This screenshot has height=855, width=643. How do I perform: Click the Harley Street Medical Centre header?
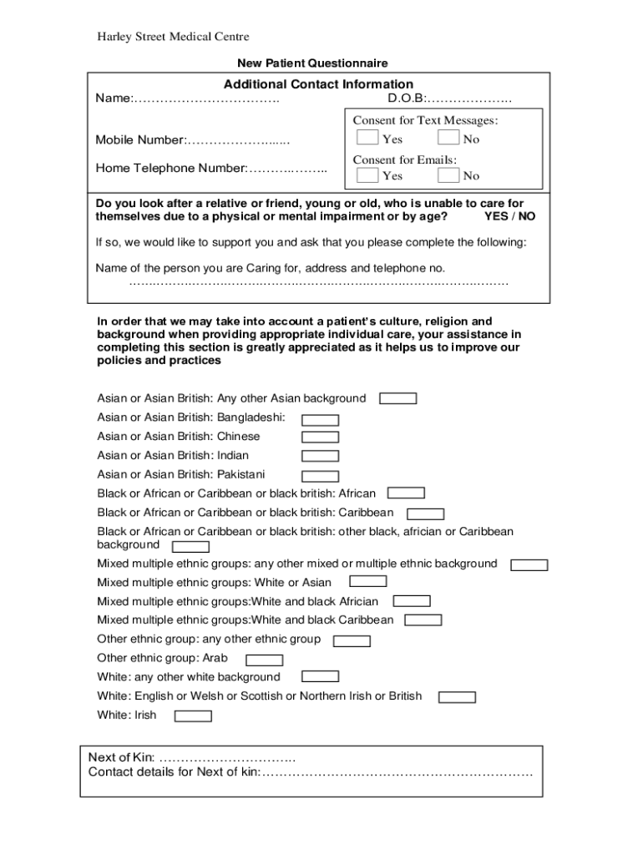pos(173,37)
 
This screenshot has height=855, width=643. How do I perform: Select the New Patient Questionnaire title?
pos(312,63)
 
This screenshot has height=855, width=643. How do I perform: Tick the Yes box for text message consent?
pos(367,138)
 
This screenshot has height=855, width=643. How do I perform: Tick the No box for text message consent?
pos(448,138)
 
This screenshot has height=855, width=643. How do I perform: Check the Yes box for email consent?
pos(367,175)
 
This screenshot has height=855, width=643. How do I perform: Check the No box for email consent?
pos(448,175)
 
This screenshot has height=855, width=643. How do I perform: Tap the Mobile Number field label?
pos(140,139)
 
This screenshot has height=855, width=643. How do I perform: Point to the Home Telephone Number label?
pos(171,168)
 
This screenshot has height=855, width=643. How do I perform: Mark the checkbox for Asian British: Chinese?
pos(320,437)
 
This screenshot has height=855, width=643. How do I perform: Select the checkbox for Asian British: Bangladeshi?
pos(320,420)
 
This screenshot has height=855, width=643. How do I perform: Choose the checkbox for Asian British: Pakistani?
pos(320,475)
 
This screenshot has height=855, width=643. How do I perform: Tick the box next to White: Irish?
pos(193,716)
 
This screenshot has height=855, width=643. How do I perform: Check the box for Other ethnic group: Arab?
pos(264,660)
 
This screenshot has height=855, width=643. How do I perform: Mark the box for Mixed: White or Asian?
pos(367,581)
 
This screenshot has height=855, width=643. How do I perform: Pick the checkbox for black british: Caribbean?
pos(425,514)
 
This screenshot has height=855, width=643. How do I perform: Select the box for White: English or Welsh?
pos(457,697)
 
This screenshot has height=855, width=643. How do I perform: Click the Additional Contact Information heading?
pos(318,84)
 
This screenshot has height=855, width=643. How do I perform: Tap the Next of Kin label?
pos(122,757)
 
